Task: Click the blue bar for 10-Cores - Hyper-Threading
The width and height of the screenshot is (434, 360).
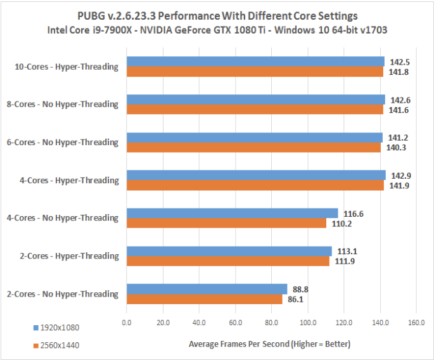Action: (x=255, y=61)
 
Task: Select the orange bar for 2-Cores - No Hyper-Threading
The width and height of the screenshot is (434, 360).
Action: (x=205, y=299)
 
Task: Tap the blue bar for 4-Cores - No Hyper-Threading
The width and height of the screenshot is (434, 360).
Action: (x=233, y=213)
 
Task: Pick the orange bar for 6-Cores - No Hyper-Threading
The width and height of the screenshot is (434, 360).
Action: (x=253, y=147)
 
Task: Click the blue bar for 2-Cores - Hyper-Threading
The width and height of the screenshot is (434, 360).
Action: (x=229, y=251)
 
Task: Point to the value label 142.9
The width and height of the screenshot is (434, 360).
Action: (x=401, y=175)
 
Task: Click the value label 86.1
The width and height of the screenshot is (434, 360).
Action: (x=299, y=300)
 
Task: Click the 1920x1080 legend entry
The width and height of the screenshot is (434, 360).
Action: (x=57, y=328)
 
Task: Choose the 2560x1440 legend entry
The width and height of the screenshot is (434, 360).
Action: (x=57, y=346)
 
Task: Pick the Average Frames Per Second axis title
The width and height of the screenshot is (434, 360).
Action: (x=269, y=344)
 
